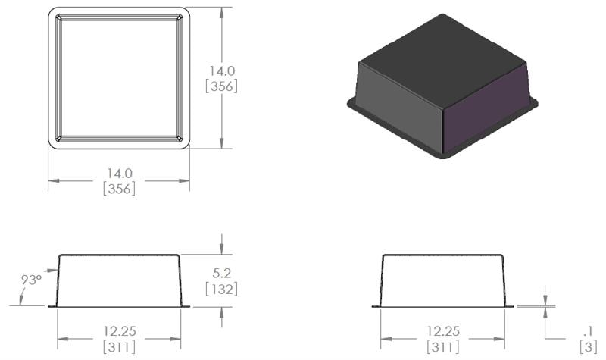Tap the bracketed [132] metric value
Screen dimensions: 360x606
[221, 289]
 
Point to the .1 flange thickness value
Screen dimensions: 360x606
[588, 331]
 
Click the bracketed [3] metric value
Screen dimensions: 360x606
[588, 347]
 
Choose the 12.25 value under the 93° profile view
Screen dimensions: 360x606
[119, 331]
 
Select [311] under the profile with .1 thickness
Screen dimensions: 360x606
[443, 347]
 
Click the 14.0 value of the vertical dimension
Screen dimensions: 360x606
[222, 70]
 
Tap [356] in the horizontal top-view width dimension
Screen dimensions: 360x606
[119, 189]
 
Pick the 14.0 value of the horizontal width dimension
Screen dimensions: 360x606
[119, 174]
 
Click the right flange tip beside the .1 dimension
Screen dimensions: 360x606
[511, 306]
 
